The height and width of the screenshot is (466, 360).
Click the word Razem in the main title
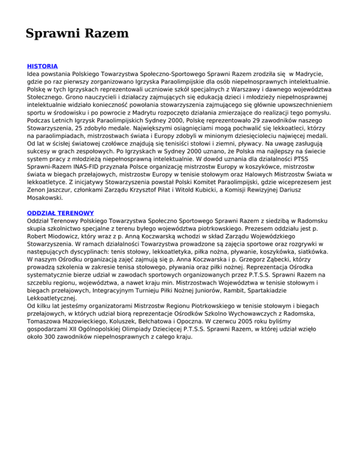105,34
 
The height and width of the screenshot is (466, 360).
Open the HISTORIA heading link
42,66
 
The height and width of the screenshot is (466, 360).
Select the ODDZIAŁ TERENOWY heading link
60,212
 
